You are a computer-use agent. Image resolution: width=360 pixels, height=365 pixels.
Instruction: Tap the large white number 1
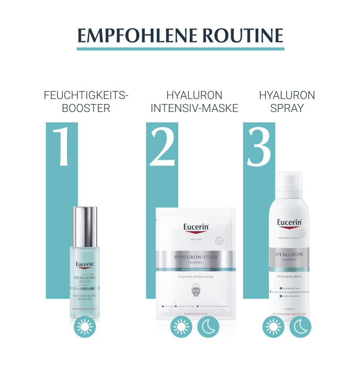coord(61,146)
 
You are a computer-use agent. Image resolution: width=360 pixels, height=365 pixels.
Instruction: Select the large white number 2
coord(162,146)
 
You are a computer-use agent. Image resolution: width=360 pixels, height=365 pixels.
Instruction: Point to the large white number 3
coord(259,146)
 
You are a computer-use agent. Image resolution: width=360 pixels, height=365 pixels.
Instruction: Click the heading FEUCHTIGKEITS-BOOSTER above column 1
coord(86,102)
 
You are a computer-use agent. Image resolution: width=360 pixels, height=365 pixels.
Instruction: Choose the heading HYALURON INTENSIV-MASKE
coord(194,102)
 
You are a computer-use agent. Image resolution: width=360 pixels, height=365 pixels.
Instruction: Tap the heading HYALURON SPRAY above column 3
coord(287,102)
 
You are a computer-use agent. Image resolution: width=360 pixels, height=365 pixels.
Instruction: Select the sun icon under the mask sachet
coord(181,327)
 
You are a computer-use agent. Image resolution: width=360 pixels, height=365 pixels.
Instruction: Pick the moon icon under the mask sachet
coord(208,327)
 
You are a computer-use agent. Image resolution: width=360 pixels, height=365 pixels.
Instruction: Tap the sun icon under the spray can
coord(273,327)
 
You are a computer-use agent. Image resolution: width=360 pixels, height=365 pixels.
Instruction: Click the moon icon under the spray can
coord(300,327)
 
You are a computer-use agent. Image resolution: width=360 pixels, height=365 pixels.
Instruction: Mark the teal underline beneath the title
coord(180,49)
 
